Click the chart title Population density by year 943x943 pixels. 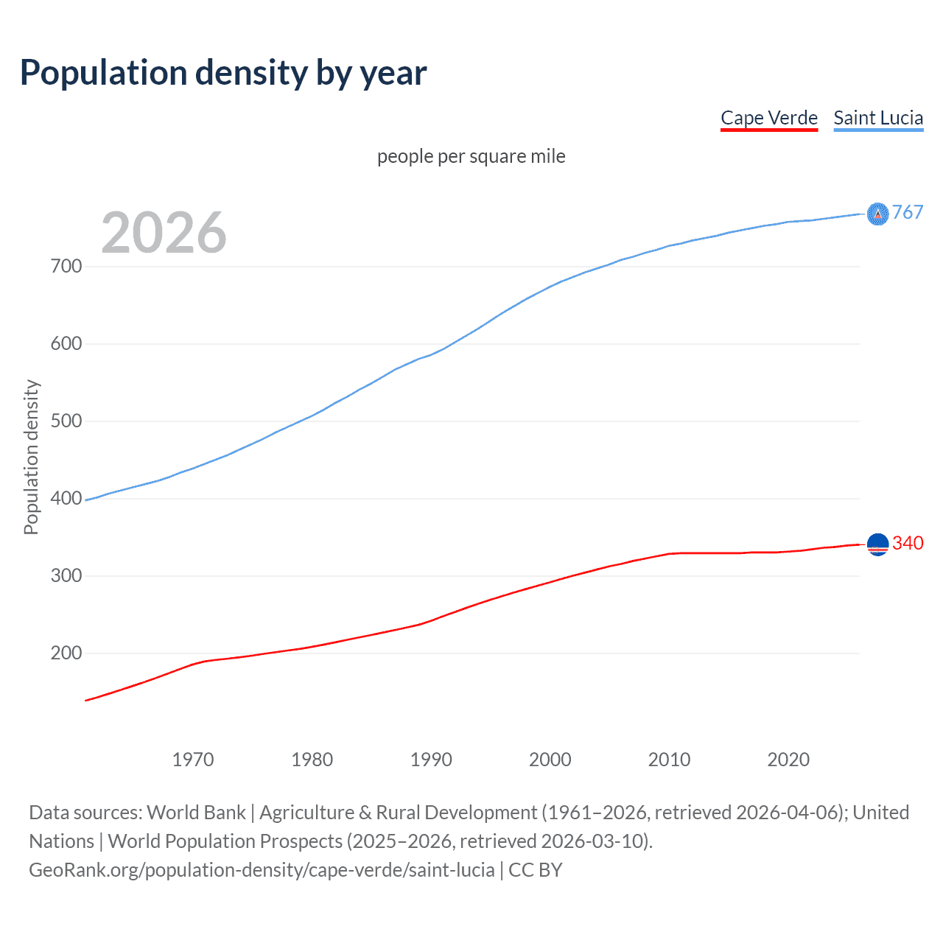tap(223, 73)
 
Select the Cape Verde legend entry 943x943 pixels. tap(768, 118)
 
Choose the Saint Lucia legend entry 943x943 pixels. tap(878, 118)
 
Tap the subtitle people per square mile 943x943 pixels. tap(471, 156)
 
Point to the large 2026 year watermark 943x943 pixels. tap(164, 233)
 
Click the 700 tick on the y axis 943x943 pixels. tap(66, 267)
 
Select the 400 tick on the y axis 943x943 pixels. tap(66, 499)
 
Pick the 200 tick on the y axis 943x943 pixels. tap(66, 653)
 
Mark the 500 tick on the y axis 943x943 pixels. tap(66, 421)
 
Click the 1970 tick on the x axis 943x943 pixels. tap(193, 760)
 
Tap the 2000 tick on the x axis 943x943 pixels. tap(550, 760)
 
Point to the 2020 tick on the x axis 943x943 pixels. tap(788, 760)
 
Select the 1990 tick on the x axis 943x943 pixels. tap(431, 760)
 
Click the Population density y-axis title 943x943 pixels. tap(31, 457)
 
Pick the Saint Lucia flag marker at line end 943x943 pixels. tap(877, 214)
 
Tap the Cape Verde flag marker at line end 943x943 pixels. tap(877, 544)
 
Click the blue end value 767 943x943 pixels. tap(908, 212)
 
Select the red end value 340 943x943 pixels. tap(908, 543)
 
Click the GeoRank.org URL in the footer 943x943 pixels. tap(262, 870)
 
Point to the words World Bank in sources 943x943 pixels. tap(196, 813)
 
